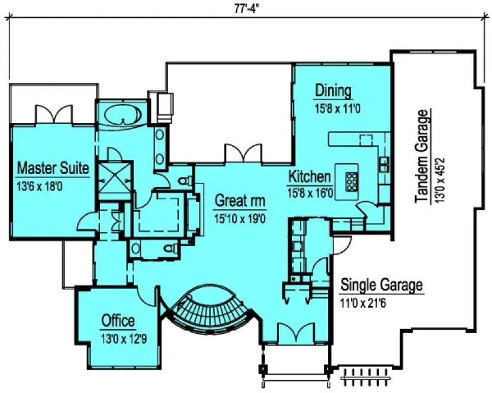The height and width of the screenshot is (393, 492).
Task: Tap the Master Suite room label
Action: point(53,168)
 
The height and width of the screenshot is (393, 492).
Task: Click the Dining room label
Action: point(333,91)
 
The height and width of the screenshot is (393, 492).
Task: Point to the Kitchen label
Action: point(308,176)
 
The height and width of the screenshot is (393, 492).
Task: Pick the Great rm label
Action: point(240,199)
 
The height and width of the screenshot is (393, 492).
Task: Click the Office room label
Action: point(118,321)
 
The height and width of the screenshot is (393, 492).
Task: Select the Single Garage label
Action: point(381,285)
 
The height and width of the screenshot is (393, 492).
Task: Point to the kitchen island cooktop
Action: point(350,179)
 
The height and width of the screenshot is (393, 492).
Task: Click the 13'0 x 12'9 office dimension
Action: point(120,340)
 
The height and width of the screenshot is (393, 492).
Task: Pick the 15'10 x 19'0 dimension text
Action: point(239,218)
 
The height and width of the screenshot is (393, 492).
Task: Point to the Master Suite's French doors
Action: point(54,114)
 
